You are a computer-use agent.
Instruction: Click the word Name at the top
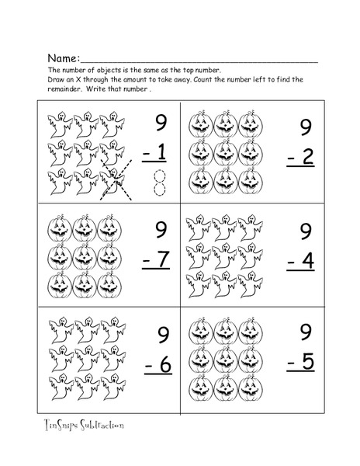[x=64, y=59]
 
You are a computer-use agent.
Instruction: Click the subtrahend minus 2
[x=299, y=158]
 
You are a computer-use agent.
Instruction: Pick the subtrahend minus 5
[x=299, y=363]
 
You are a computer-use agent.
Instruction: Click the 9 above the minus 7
[x=161, y=230]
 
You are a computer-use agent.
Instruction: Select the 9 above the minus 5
[x=306, y=332]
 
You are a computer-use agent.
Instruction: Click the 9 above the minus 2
[x=305, y=128]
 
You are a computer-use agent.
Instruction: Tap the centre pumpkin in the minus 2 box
[x=225, y=153]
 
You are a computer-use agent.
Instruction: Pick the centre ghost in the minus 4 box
[x=225, y=255]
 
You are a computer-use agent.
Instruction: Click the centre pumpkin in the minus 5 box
[x=225, y=358]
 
